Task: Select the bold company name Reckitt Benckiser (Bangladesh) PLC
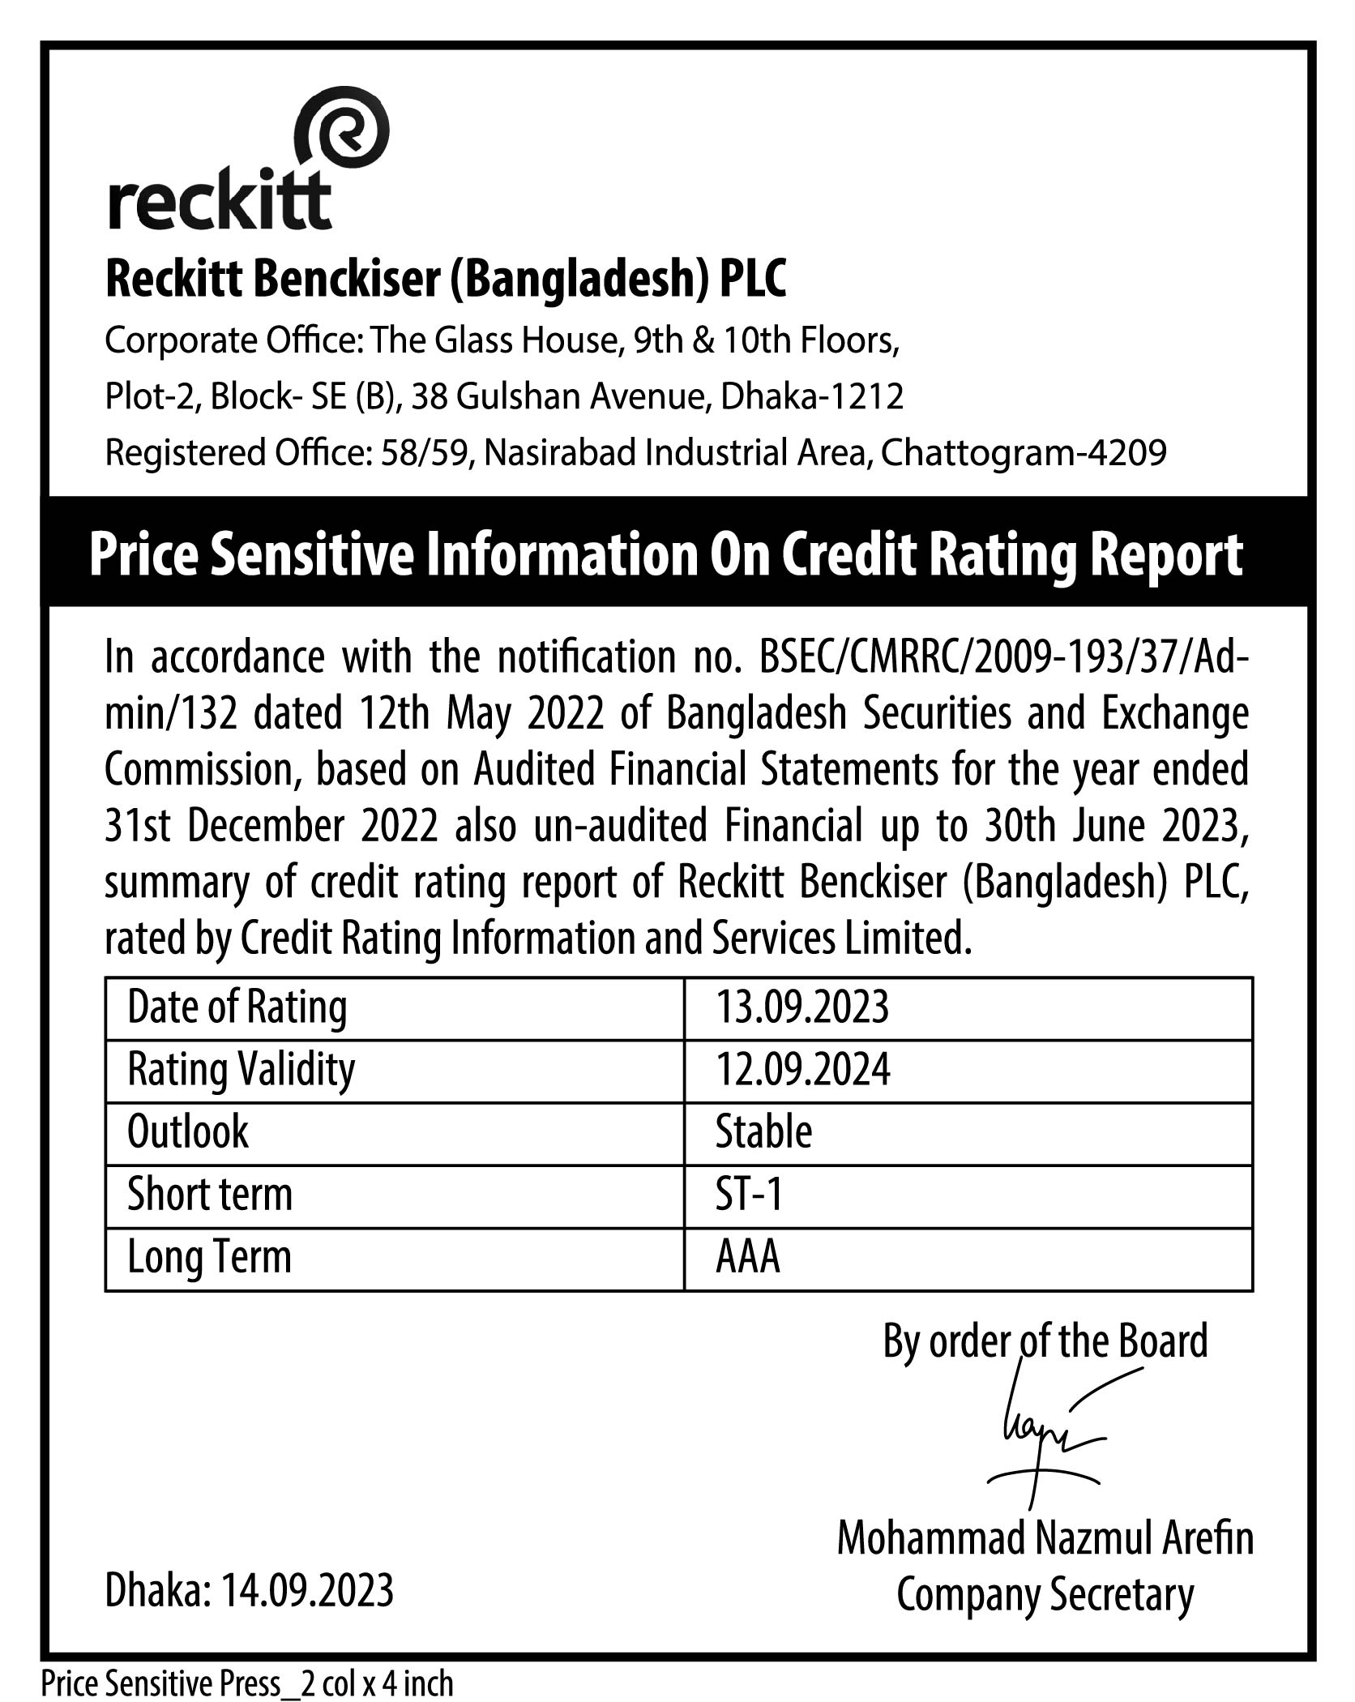pyautogui.click(x=446, y=280)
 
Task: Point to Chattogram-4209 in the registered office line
pyautogui.click(x=1024, y=452)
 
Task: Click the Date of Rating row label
pyautogui.click(x=237, y=1007)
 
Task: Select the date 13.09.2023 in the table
pyautogui.click(x=801, y=1007)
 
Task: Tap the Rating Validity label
pyautogui.click(x=241, y=1070)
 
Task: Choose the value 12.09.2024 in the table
pyautogui.click(x=802, y=1070)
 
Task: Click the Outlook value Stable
pyautogui.click(x=763, y=1132)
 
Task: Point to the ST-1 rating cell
pyautogui.click(x=749, y=1195)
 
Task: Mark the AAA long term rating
pyautogui.click(x=747, y=1257)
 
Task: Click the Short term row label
pyautogui.click(x=210, y=1195)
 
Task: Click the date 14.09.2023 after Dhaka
pyautogui.click(x=307, y=1589)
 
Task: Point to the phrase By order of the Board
pyautogui.click(x=1045, y=1341)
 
